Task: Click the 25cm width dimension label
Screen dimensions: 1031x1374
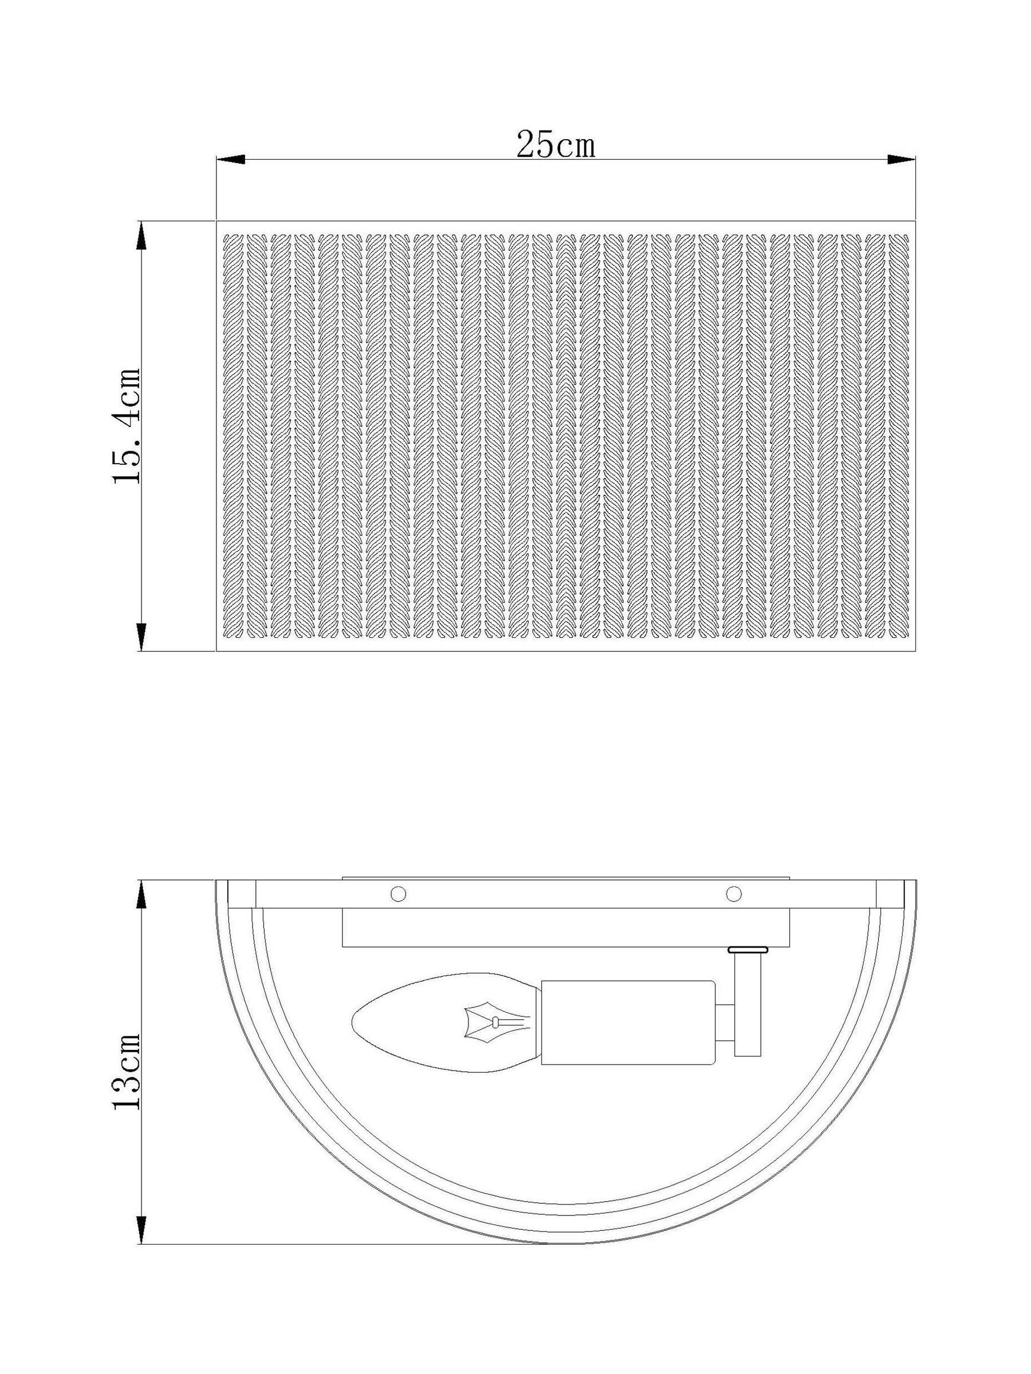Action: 556,145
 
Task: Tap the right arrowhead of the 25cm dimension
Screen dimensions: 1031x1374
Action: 901,160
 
